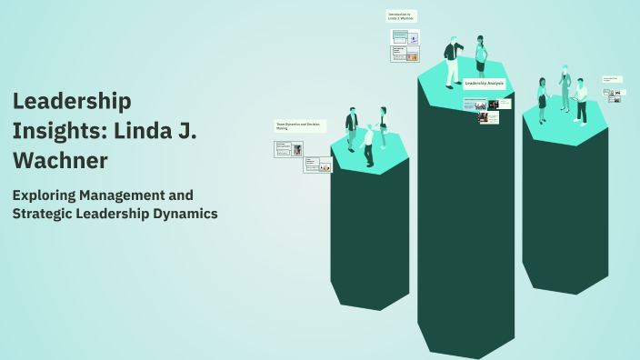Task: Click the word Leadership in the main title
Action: point(73,101)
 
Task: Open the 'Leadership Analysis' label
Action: point(484,83)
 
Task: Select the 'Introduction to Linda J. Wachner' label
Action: point(401,16)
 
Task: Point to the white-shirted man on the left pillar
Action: point(368,145)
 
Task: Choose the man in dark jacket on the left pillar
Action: point(351,129)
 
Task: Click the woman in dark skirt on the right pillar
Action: point(543,100)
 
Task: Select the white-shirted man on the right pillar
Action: point(581,100)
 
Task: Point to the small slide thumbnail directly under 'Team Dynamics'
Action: point(285,148)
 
